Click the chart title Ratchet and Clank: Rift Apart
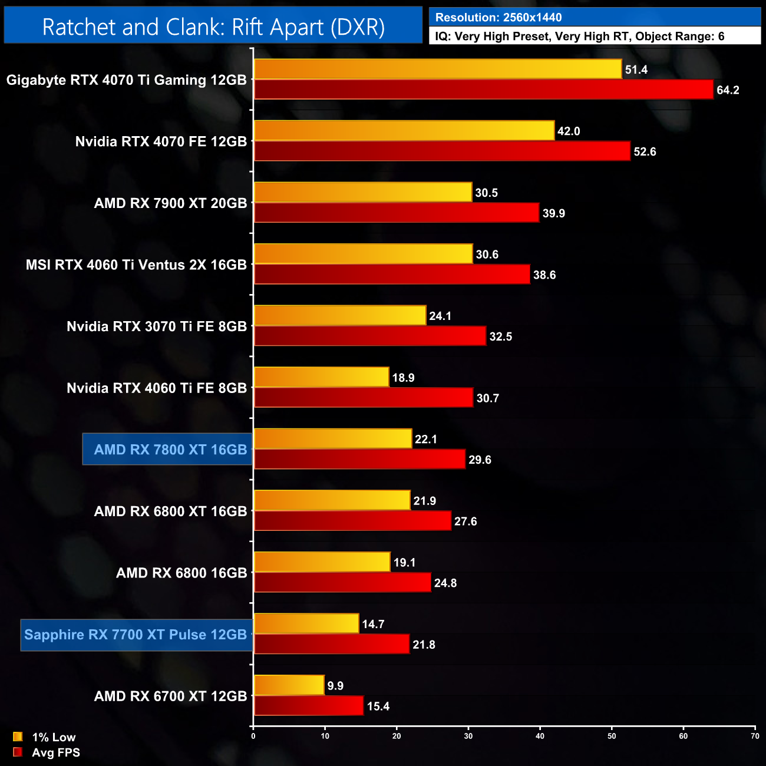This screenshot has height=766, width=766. coord(213,27)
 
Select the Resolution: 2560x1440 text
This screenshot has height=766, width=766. coord(498,18)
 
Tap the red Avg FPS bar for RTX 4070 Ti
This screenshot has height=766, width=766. coord(483,90)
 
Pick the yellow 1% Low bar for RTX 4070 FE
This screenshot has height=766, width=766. coord(404,131)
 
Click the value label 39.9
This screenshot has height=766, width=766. coord(553,213)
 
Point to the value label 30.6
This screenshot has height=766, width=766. coord(487,255)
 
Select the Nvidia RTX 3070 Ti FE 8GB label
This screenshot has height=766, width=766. coord(157,326)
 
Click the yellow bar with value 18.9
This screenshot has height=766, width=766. coord(322,377)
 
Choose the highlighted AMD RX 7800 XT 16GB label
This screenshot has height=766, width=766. coord(170,450)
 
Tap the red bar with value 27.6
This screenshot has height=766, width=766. coord(352,521)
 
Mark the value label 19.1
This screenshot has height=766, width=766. coord(404,563)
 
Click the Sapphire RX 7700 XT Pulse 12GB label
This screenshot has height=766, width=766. coord(136,635)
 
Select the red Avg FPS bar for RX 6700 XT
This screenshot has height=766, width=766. coord(309,706)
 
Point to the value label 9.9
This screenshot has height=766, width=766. coord(335,686)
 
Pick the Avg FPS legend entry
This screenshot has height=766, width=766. coord(47,752)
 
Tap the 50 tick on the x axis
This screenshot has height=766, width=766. coord(612,736)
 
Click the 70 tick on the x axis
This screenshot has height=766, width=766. coord(755,736)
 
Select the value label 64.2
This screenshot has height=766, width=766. coord(728,90)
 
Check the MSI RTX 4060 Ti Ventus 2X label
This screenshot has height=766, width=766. coord(136,265)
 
